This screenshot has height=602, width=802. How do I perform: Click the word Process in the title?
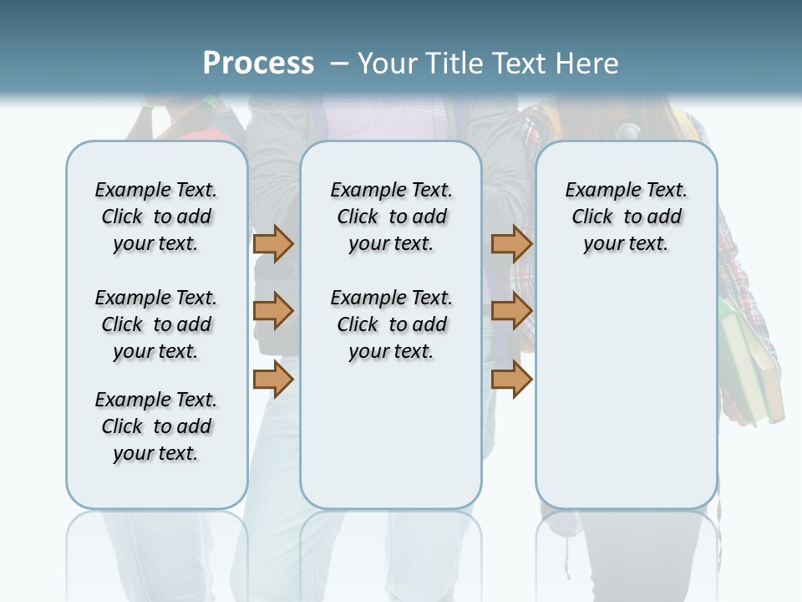click(x=258, y=63)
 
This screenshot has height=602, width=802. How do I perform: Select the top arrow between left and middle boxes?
click(x=273, y=243)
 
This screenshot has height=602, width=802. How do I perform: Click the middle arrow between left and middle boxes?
click(x=273, y=311)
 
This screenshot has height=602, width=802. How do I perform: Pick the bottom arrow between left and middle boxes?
click(x=273, y=379)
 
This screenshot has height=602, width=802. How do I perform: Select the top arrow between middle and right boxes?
click(x=511, y=243)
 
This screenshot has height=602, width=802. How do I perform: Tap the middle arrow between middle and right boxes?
click(x=511, y=311)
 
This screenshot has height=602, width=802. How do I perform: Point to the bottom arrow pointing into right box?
click(x=511, y=379)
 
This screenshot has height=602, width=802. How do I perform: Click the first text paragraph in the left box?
click(x=156, y=217)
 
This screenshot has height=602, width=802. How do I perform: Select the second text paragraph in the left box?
click(x=156, y=324)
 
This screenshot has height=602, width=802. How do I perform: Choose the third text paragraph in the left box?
click(x=156, y=426)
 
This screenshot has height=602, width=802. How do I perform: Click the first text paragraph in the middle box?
click(x=391, y=217)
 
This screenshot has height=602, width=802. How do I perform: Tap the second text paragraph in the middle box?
click(x=391, y=324)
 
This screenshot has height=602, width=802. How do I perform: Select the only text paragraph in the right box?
click(x=626, y=217)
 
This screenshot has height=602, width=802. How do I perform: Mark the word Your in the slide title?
click(x=388, y=63)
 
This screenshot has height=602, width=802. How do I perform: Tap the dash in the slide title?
click(x=339, y=63)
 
